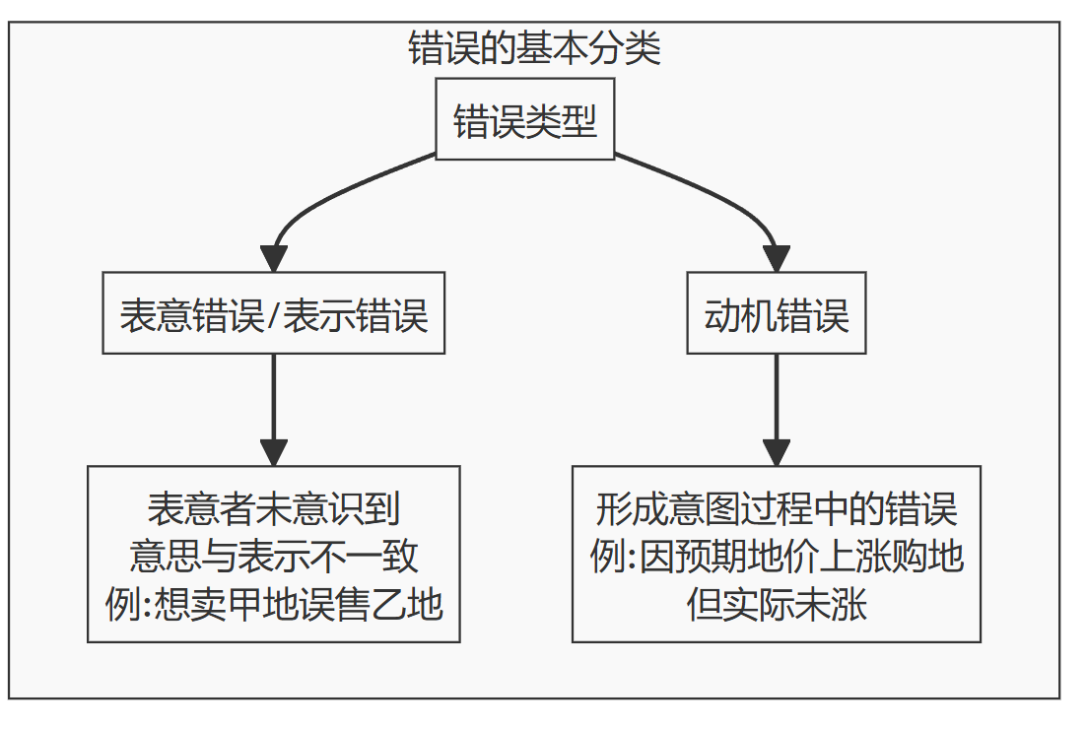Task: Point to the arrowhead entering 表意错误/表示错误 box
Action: [274, 258]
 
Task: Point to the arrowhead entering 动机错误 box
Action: [777, 258]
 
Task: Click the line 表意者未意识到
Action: [274, 509]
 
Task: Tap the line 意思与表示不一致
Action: [274, 557]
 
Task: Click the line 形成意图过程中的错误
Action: [777, 509]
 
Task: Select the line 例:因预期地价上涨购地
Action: [777, 557]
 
